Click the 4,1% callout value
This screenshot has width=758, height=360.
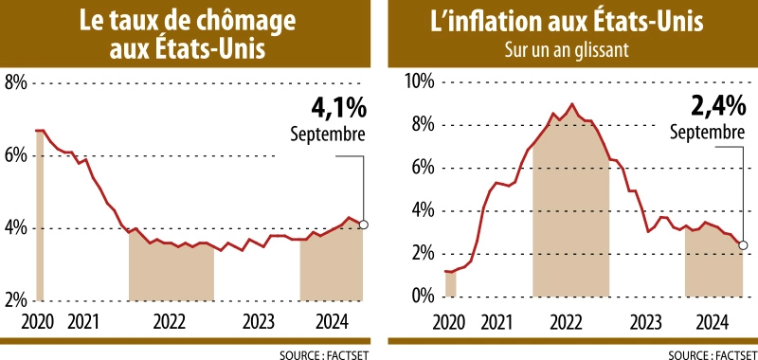click(338, 107)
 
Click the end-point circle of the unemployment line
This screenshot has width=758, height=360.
click(365, 225)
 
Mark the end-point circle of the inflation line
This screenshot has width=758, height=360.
click(743, 244)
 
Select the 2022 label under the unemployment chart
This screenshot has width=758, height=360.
click(169, 320)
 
